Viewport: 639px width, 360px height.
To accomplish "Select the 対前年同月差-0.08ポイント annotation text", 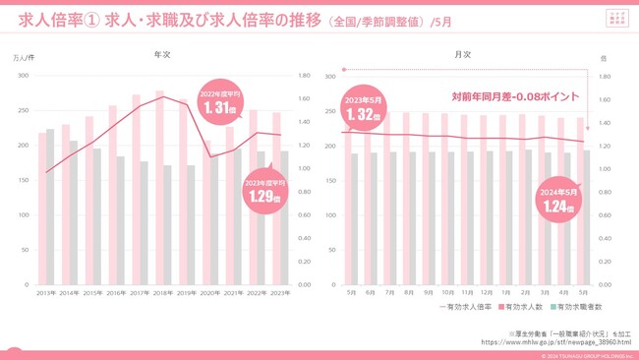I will tap(515, 96).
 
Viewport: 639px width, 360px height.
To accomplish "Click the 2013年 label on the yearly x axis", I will tap(46, 292).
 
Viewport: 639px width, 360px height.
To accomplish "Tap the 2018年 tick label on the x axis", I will tap(161, 292).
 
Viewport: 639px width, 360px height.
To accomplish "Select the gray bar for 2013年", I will tap(50, 207).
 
